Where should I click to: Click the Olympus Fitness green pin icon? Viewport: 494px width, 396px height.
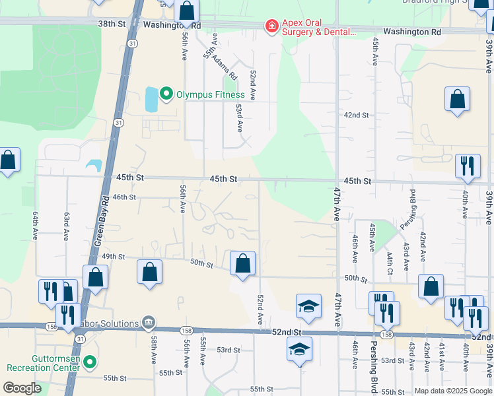click(166, 94)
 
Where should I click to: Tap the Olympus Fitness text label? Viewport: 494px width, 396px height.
click(209, 94)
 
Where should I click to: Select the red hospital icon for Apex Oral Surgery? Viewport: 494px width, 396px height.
click(271, 26)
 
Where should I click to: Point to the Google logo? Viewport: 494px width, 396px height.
click(22, 388)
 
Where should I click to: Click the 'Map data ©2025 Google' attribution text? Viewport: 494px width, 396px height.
click(454, 391)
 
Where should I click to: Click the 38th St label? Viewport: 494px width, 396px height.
click(112, 24)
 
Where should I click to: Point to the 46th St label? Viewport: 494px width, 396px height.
click(123, 197)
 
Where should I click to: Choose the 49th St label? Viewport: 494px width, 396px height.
click(114, 257)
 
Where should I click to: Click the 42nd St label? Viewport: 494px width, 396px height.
click(356, 115)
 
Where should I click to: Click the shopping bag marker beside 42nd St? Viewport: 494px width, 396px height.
click(457, 100)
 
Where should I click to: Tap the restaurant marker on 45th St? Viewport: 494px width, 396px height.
click(468, 167)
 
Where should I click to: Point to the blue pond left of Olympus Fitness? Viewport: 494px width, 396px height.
click(151, 99)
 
